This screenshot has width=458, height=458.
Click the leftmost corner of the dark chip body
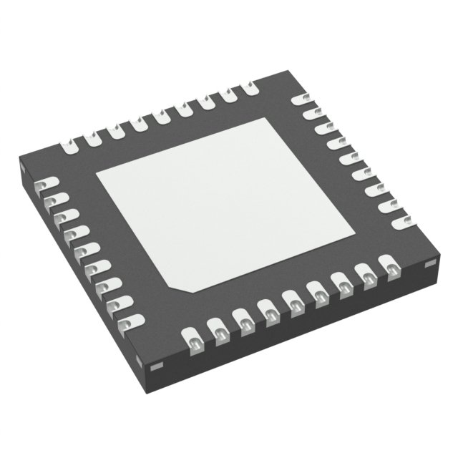click(19, 167)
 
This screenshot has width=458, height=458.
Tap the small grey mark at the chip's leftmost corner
click(23, 170)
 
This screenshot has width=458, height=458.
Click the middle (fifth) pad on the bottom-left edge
click(83, 251)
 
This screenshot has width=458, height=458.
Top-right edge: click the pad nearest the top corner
click(302, 99)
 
